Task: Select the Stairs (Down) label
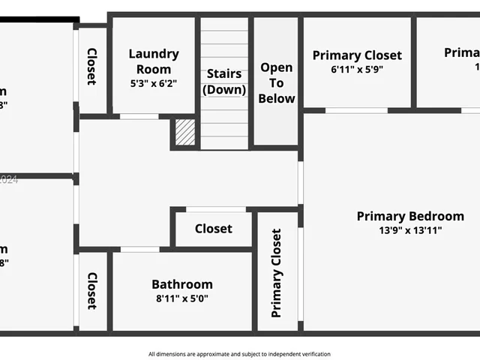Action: click(x=223, y=82)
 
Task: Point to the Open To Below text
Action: click(x=277, y=82)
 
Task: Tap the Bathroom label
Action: click(x=182, y=284)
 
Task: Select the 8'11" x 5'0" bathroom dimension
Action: click(x=182, y=298)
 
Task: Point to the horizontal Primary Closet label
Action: click(x=357, y=55)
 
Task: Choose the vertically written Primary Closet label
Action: click(x=277, y=273)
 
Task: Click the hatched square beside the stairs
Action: click(x=185, y=133)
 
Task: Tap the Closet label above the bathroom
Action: click(x=214, y=229)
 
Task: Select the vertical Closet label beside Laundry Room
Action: click(x=91, y=67)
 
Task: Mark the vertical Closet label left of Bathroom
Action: click(x=91, y=291)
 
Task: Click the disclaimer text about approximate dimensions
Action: click(x=239, y=354)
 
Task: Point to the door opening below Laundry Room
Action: click(x=139, y=116)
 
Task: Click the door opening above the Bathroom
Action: click(x=139, y=249)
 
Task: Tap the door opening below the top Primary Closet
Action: click(x=356, y=110)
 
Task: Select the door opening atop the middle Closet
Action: click(x=216, y=209)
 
